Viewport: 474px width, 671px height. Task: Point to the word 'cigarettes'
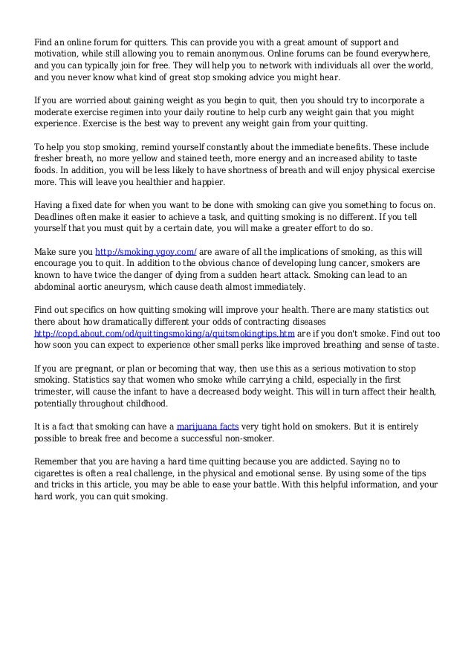(58, 474)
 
